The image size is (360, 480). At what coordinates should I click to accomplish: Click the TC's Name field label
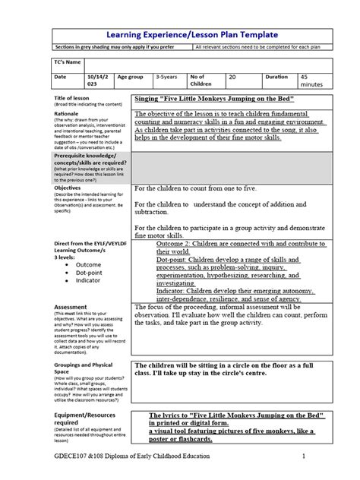point(69,61)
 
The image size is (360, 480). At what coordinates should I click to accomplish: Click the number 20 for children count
point(232,77)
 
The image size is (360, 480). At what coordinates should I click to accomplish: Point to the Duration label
point(276,77)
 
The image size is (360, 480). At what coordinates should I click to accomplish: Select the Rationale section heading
point(67,112)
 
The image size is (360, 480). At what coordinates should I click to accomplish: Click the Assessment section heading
point(70,307)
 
